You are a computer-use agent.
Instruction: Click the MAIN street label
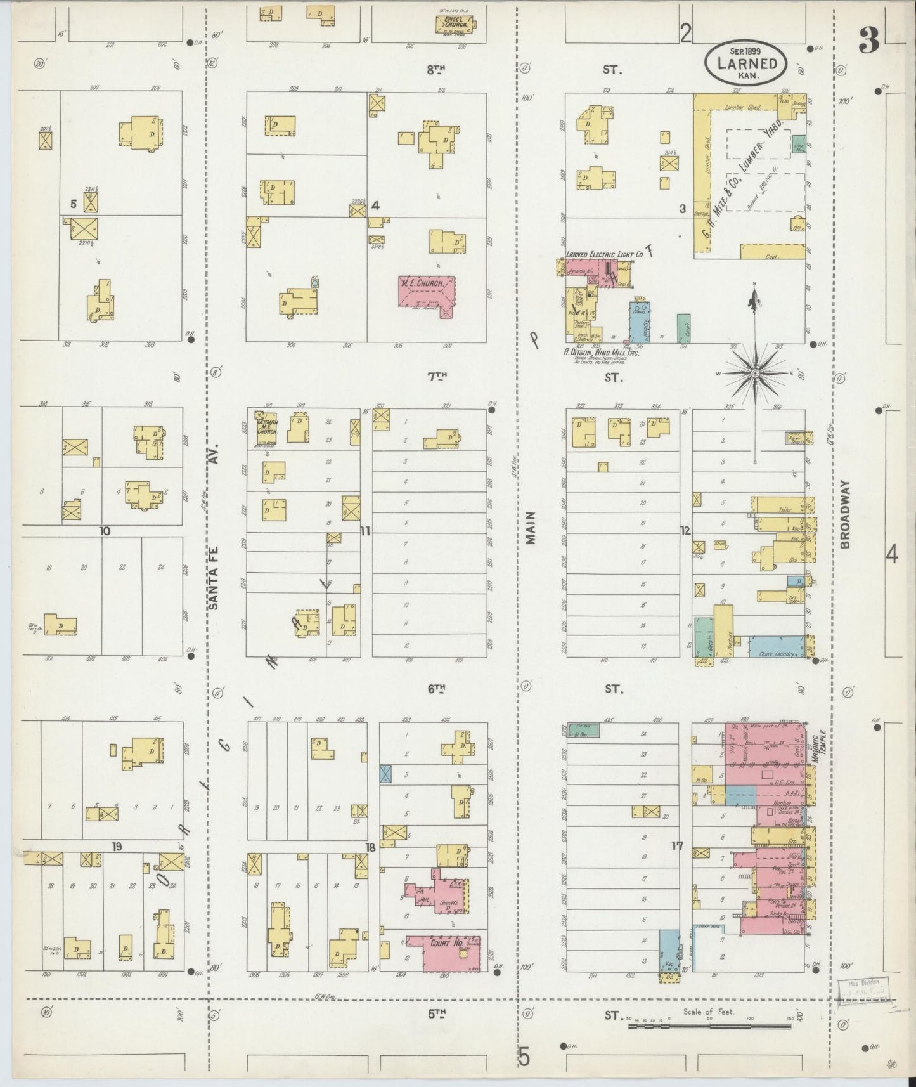[531, 528]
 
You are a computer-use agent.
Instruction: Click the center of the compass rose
[754, 375]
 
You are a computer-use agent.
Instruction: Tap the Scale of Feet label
[708, 1011]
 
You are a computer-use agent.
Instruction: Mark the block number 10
[105, 531]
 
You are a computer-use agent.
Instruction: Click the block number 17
[678, 845]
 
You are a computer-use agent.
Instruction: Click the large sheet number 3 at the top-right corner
[869, 42]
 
